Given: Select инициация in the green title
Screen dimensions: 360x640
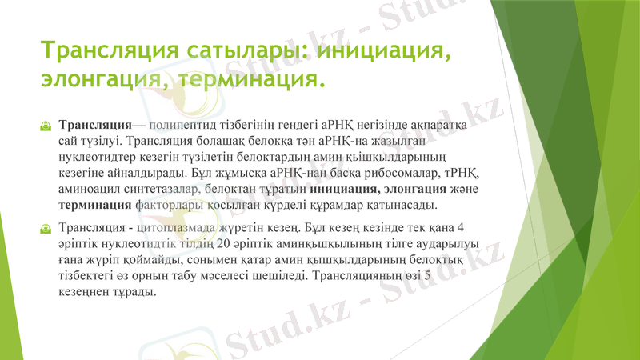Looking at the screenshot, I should (x=381, y=51).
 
